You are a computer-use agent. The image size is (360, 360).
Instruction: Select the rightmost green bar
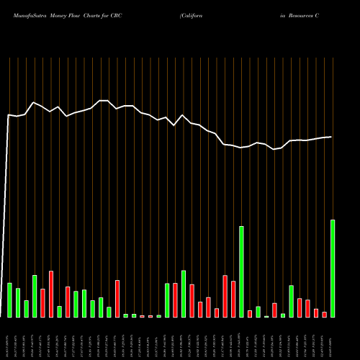pos(333,269)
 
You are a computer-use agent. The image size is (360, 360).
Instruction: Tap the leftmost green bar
pos(10,300)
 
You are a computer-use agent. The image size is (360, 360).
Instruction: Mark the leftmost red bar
pos(43,303)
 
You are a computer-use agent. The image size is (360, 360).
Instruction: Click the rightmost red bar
pos(325,315)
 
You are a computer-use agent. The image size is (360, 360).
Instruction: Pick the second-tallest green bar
pos(241,271)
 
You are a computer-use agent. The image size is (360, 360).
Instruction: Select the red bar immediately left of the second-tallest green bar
pos(233,299)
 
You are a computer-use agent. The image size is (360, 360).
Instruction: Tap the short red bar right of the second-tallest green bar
pos(250,314)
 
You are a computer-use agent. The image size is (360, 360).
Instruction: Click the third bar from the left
pos(27,309)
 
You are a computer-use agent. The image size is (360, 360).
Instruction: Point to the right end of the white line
pos(332,137)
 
